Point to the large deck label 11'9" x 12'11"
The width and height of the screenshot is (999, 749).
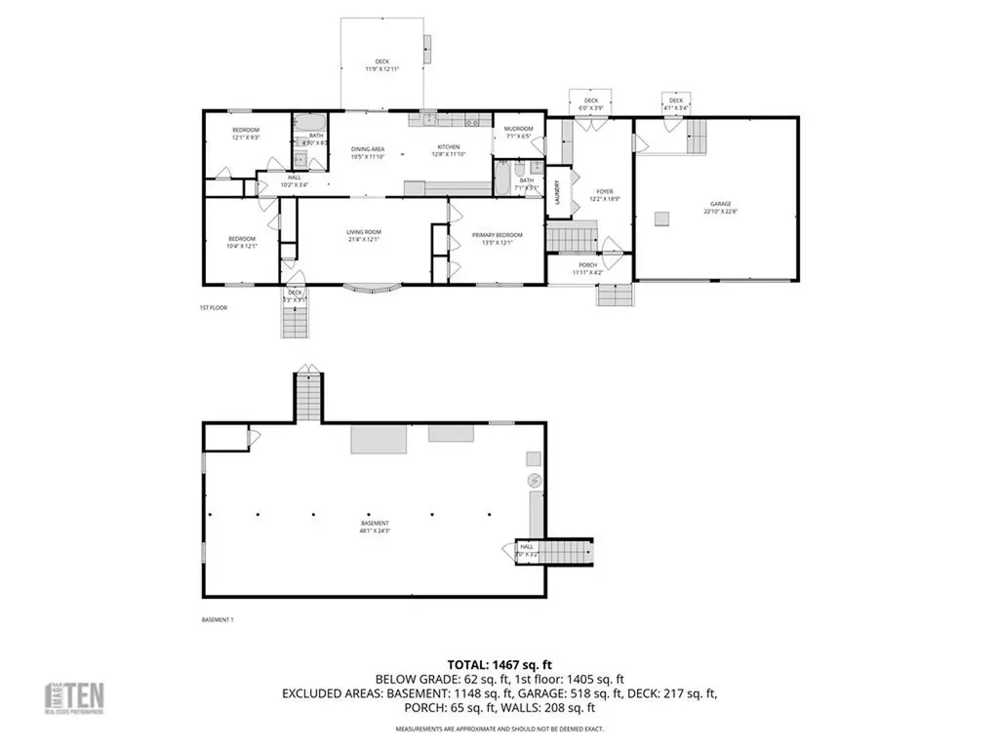pos(381,65)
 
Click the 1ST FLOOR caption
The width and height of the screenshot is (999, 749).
pos(212,308)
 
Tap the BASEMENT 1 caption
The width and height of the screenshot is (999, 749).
pos(218,619)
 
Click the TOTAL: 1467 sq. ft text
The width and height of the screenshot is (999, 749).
pos(500,662)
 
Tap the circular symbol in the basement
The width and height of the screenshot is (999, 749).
pos(534,481)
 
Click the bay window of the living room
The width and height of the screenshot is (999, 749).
pos(375,287)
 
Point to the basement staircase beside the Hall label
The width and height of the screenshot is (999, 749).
pos(567,552)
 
